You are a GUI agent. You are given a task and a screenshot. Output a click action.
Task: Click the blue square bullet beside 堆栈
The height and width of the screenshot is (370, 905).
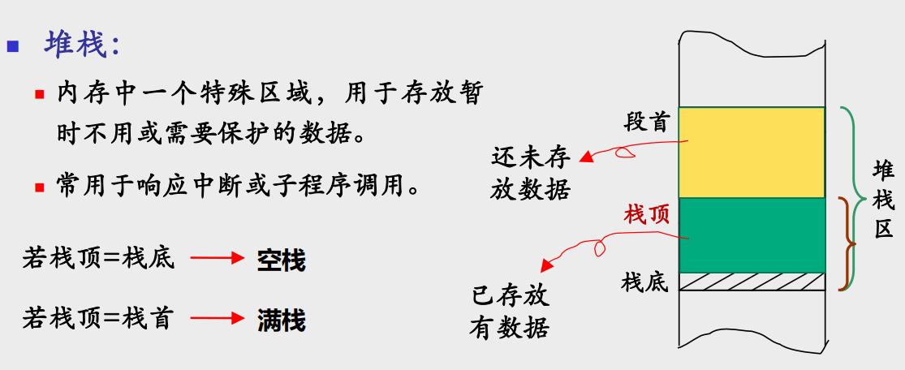pyautogui.click(x=13, y=45)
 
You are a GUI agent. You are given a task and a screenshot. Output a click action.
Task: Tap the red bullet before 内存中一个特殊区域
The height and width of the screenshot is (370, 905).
pyautogui.click(x=39, y=94)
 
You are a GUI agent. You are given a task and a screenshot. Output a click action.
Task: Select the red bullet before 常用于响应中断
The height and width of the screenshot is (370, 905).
pyautogui.click(x=39, y=187)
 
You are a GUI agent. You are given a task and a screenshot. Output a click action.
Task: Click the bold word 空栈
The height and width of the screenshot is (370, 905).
pyautogui.click(x=281, y=260)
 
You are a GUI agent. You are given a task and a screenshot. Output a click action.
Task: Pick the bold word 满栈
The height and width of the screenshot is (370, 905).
pyautogui.click(x=281, y=320)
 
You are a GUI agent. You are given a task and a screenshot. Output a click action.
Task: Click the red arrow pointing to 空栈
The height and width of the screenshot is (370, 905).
pyautogui.click(x=217, y=259)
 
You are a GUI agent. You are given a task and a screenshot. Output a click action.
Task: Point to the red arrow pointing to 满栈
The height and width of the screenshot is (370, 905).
pyautogui.click(x=217, y=319)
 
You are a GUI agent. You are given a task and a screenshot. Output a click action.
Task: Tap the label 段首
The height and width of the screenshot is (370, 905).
pyautogui.click(x=646, y=123)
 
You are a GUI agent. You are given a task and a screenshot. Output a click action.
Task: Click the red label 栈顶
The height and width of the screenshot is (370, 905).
pyautogui.click(x=646, y=215)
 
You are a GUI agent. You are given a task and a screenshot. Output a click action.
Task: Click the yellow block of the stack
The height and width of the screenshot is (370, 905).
pyautogui.click(x=751, y=152)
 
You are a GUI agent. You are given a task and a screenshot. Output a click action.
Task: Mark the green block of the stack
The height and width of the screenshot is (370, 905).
pyautogui.click(x=751, y=234)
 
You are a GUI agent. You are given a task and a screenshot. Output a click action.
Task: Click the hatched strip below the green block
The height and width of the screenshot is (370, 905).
pyautogui.click(x=751, y=282)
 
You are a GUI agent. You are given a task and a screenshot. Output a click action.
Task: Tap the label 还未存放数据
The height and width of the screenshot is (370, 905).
pyautogui.click(x=531, y=173)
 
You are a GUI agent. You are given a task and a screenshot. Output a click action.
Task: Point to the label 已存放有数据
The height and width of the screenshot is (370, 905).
pyautogui.click(x=510, y=312)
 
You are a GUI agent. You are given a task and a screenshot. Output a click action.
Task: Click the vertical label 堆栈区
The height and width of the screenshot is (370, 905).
pyautogui.click(x=883, y=200)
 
